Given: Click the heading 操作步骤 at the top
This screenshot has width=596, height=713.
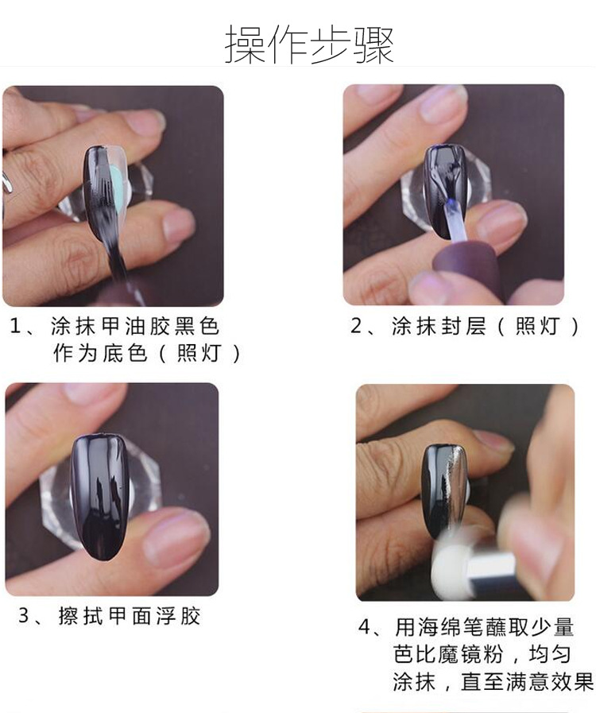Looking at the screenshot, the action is tap(309, 44).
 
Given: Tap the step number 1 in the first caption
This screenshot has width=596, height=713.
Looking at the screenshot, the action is tap(15, 326).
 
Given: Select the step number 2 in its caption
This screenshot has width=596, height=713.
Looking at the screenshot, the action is tap(356, 326).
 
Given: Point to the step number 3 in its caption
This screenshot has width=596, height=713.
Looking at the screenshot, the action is tap(24, 616).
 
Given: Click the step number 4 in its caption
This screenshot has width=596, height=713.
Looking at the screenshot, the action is tap(365, 627).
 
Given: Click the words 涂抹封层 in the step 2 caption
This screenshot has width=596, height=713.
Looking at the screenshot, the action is tap(439, 326).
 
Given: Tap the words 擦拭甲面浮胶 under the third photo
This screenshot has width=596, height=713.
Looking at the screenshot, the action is tap(130, 616).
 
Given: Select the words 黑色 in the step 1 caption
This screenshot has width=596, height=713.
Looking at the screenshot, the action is tap(197, 326).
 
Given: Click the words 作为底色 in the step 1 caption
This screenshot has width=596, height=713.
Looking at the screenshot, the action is tap(100, 353).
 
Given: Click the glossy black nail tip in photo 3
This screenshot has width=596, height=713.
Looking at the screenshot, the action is tap(99, 497).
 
